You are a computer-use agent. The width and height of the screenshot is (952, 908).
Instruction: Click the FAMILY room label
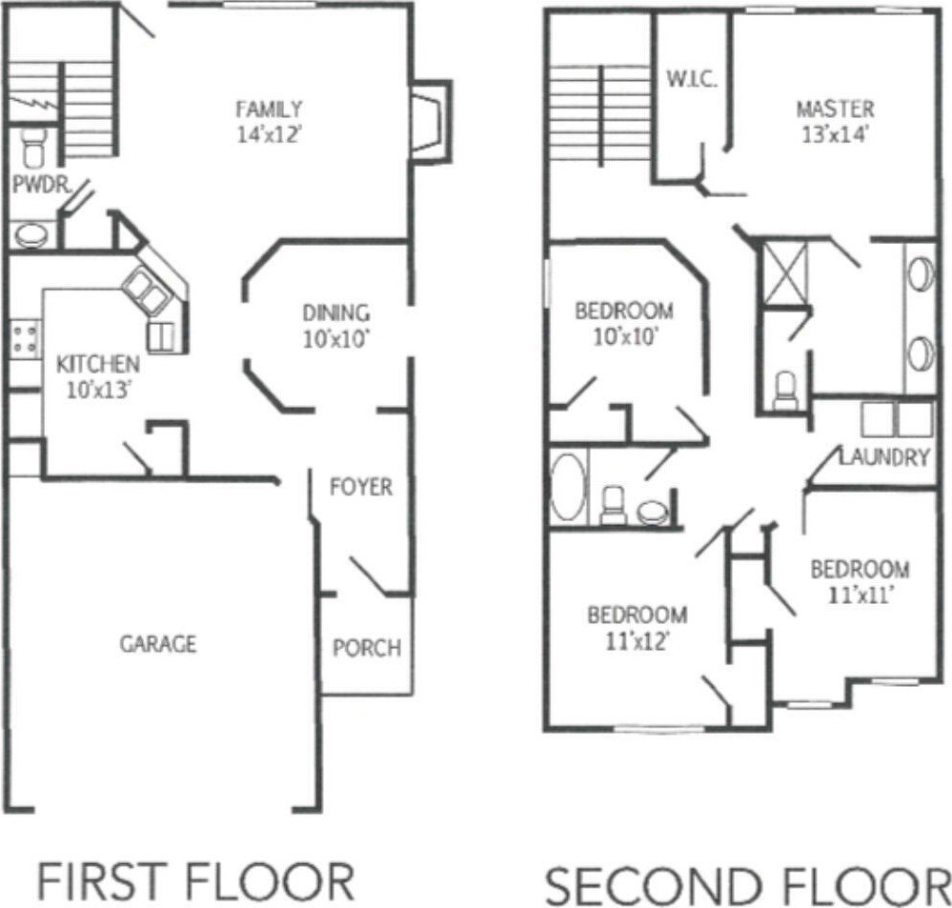click(270, 109)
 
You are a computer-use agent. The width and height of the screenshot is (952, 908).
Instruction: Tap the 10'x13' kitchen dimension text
click(98, 389)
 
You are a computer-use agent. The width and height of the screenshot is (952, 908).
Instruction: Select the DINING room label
click(335, 313)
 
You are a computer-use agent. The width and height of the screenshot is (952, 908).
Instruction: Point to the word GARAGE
click(158, 644)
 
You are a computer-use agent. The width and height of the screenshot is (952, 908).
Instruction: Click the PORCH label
click(366, 649)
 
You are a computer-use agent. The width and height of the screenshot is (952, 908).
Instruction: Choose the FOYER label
click(360, 487)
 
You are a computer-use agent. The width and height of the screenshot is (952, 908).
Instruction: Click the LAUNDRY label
click(884, 457)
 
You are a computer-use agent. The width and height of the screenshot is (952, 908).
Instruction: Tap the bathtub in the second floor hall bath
click(569, 487)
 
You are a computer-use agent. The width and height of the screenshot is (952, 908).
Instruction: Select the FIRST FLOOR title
click(194, 880)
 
